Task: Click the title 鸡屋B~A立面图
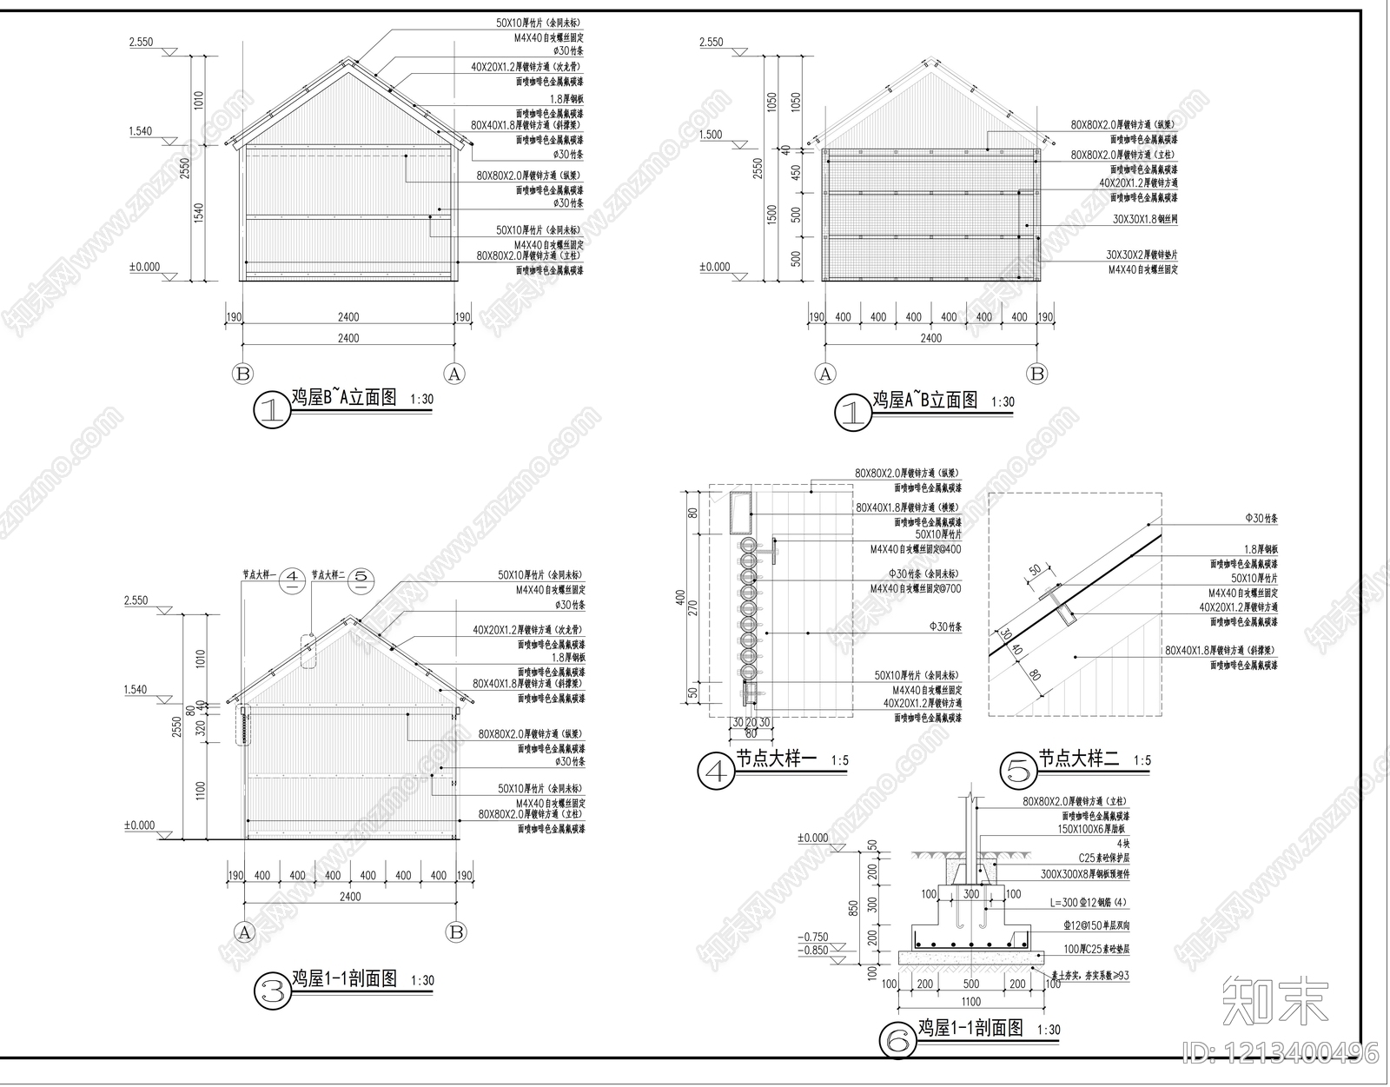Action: pos(343,398)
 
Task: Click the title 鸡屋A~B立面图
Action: pos(925,400)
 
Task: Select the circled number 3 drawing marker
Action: pos(272,991)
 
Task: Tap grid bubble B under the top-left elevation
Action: pos(242,374)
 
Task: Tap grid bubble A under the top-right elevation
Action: pos(824,374)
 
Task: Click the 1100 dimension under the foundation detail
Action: pos(970,1002)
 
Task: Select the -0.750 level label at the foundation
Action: pos(814,937)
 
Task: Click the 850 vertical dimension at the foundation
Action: pos(854,908)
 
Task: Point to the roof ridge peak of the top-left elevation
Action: pos(348,62)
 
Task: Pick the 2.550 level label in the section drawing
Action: pos(136,600)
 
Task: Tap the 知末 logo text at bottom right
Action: pos(1275,999)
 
